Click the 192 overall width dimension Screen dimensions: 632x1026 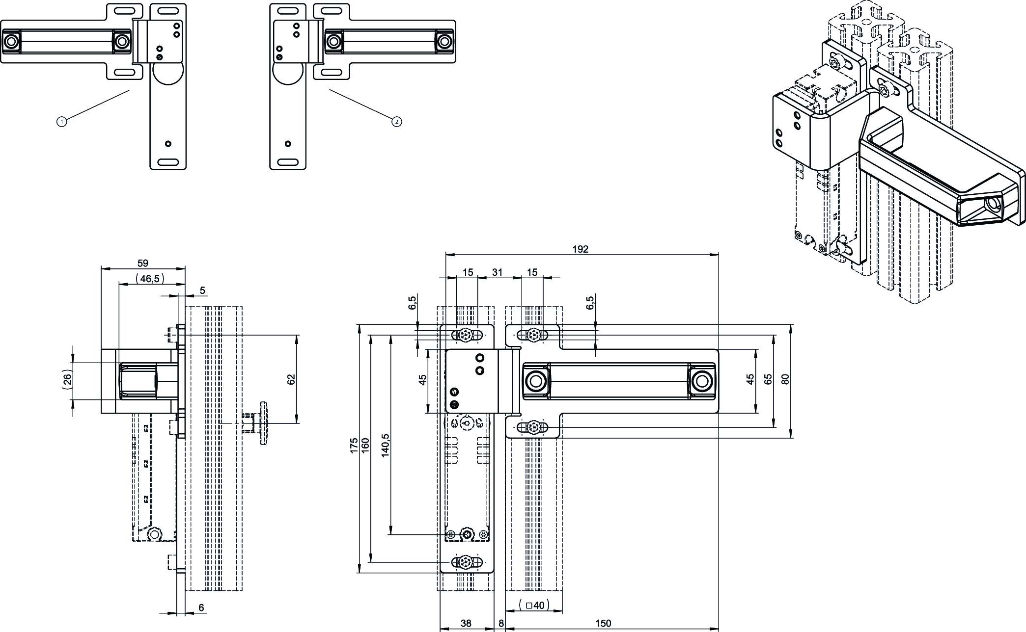click(x=580, y=249)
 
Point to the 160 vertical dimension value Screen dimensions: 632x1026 click(x=365, y=445)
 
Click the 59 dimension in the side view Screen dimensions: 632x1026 click(x=142, y=263)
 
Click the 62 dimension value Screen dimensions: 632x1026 click(x=291, y=379)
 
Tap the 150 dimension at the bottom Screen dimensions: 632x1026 click(x=603, y=623)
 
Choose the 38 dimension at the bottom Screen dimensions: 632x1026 click(x=466, y=623)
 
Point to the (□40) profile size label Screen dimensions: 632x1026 click(x=534, y=605)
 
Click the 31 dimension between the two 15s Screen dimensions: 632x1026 click(x=498, y=272)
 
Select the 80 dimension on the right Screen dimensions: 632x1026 click(x=785, y=379)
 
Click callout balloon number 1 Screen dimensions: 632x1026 click(x=61, y=121)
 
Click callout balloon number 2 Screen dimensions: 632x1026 click(x=397, y=121)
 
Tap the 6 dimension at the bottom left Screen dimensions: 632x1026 click(x=201, y=607)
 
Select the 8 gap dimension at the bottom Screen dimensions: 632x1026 click(x=501, y=623)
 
